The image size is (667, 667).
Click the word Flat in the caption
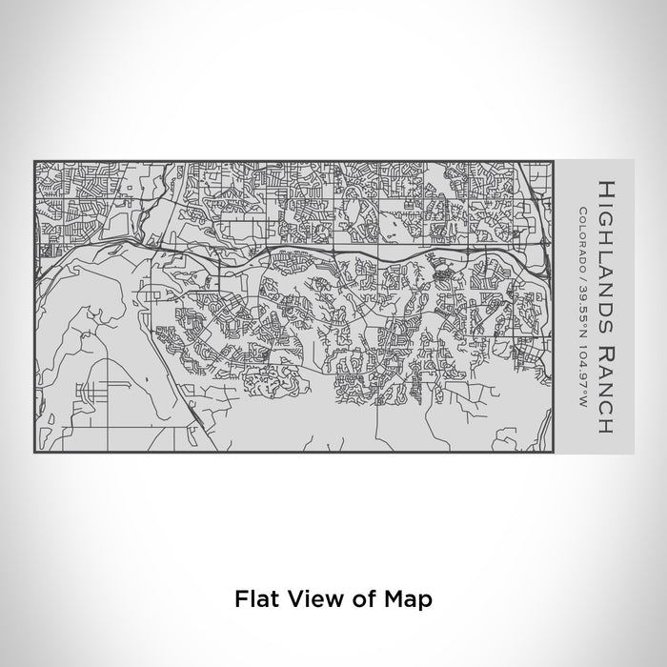pos(252,599)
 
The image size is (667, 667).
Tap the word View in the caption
pos(304,599)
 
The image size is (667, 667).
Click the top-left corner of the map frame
pos(34,160)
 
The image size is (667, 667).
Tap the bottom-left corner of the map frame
pos(34,452)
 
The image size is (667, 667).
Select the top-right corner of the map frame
pos(553,160)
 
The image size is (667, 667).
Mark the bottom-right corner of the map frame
pos(553,452)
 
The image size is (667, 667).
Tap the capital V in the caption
pos(287,599)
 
